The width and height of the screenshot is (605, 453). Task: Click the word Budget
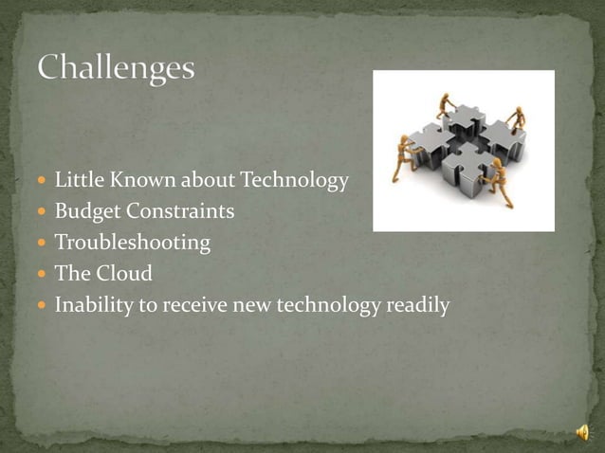(83, 210)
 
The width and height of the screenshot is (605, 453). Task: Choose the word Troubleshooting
(133, 243)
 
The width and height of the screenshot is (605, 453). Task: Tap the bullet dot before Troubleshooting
(43, 244)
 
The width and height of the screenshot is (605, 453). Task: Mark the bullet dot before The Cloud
(43, 275)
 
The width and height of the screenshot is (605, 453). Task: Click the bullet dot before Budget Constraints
(43, 211)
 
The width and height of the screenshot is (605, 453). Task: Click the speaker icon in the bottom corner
(582, 432)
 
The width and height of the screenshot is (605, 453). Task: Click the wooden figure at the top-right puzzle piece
(518, 118)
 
